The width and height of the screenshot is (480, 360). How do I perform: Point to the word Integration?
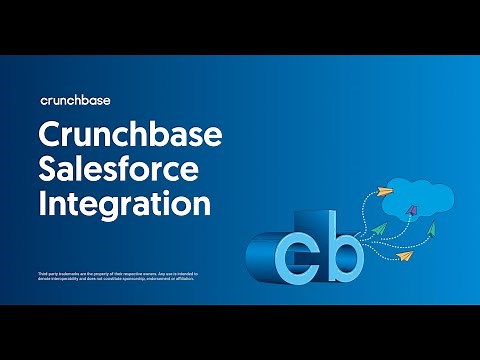pyautogui.click(x=124, y=203)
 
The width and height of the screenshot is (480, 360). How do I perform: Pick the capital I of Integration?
pyautogui.click(x=42, y=203)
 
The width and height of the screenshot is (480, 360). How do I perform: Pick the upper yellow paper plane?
pyautogui.click(x=391, y=187)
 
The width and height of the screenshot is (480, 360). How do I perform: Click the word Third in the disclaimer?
pyautogui.click(x=39, y=272)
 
